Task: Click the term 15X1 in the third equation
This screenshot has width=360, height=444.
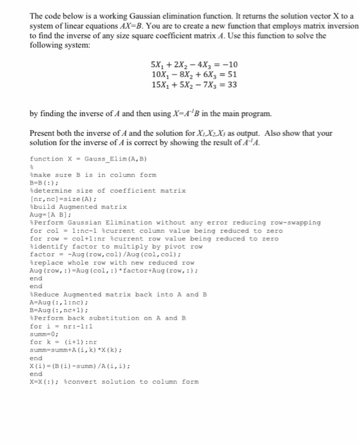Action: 161,84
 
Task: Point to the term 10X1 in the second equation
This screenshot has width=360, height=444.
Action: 161,75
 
